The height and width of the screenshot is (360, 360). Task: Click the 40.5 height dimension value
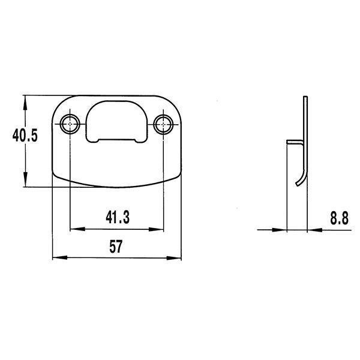[x=25, y=136]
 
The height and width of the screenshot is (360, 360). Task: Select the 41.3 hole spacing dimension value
[x=118, y=217]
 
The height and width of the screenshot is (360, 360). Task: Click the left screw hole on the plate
[x=71, y=124]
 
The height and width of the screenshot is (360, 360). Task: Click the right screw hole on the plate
[x=163, y=124]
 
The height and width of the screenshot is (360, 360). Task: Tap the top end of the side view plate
[x=305, y=98]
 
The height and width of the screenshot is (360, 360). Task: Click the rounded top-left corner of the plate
[x=60, y=103]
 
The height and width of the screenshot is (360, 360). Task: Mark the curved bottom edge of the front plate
[x=117, y=183]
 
